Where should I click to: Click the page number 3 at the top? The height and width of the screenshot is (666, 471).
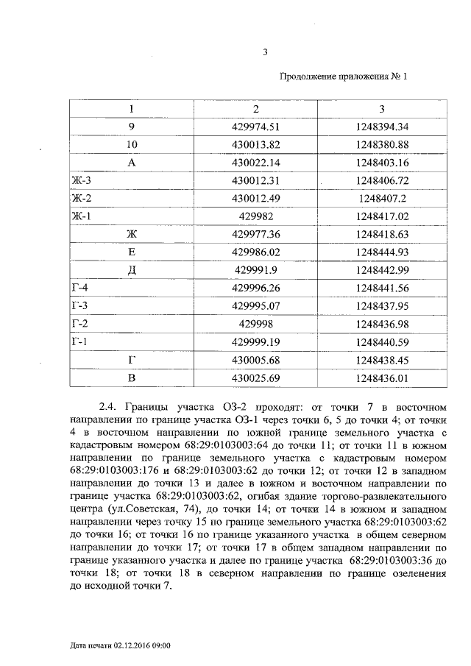[265, 52]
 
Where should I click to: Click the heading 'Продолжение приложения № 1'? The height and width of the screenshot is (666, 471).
[344, 77]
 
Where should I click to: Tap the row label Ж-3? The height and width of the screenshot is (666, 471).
[82, 180]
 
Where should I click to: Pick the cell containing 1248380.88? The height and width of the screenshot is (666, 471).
[381, 145]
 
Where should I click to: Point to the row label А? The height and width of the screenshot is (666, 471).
[132, 163]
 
